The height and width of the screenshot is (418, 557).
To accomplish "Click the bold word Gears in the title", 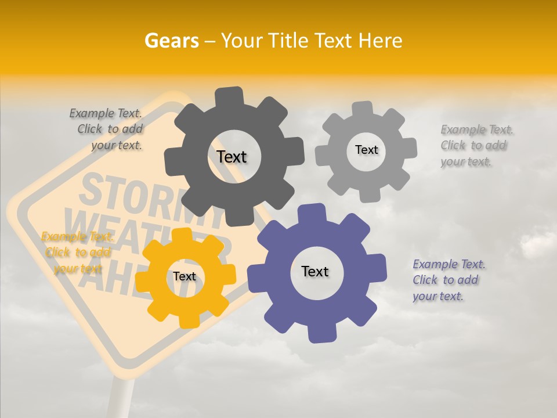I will click(171, 41).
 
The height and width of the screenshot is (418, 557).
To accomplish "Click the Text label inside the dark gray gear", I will click(232, 157).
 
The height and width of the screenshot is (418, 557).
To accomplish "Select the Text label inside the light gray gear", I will click(366, 150).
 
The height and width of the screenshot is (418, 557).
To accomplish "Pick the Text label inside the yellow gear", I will click(185, 276).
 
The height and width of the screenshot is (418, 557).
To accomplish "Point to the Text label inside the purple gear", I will click(315, 271).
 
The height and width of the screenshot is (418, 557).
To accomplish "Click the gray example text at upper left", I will click(107, 129).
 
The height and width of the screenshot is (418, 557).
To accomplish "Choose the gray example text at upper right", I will click(476, 146).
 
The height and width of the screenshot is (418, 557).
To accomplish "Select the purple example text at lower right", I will click(448, 280).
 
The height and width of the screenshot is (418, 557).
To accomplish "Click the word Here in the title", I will click(381, 41).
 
